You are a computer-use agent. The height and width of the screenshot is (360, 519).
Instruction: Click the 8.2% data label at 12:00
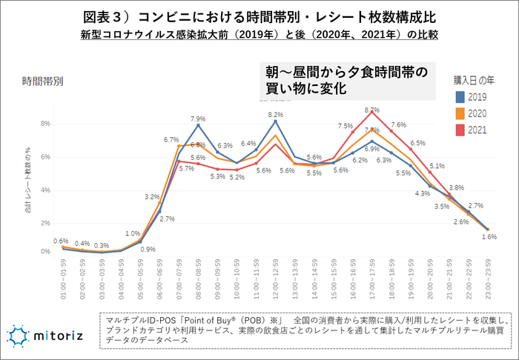[276, 115]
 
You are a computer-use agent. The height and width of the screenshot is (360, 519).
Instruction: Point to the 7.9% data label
[198, 119]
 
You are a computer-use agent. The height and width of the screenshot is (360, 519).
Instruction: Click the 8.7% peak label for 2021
[372, 110]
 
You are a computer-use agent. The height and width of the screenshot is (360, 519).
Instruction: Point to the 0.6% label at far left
[62, 241]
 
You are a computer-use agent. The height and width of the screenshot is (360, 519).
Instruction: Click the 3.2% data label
[152, 197]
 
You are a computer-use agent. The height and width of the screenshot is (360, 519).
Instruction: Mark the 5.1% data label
[437, 167]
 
